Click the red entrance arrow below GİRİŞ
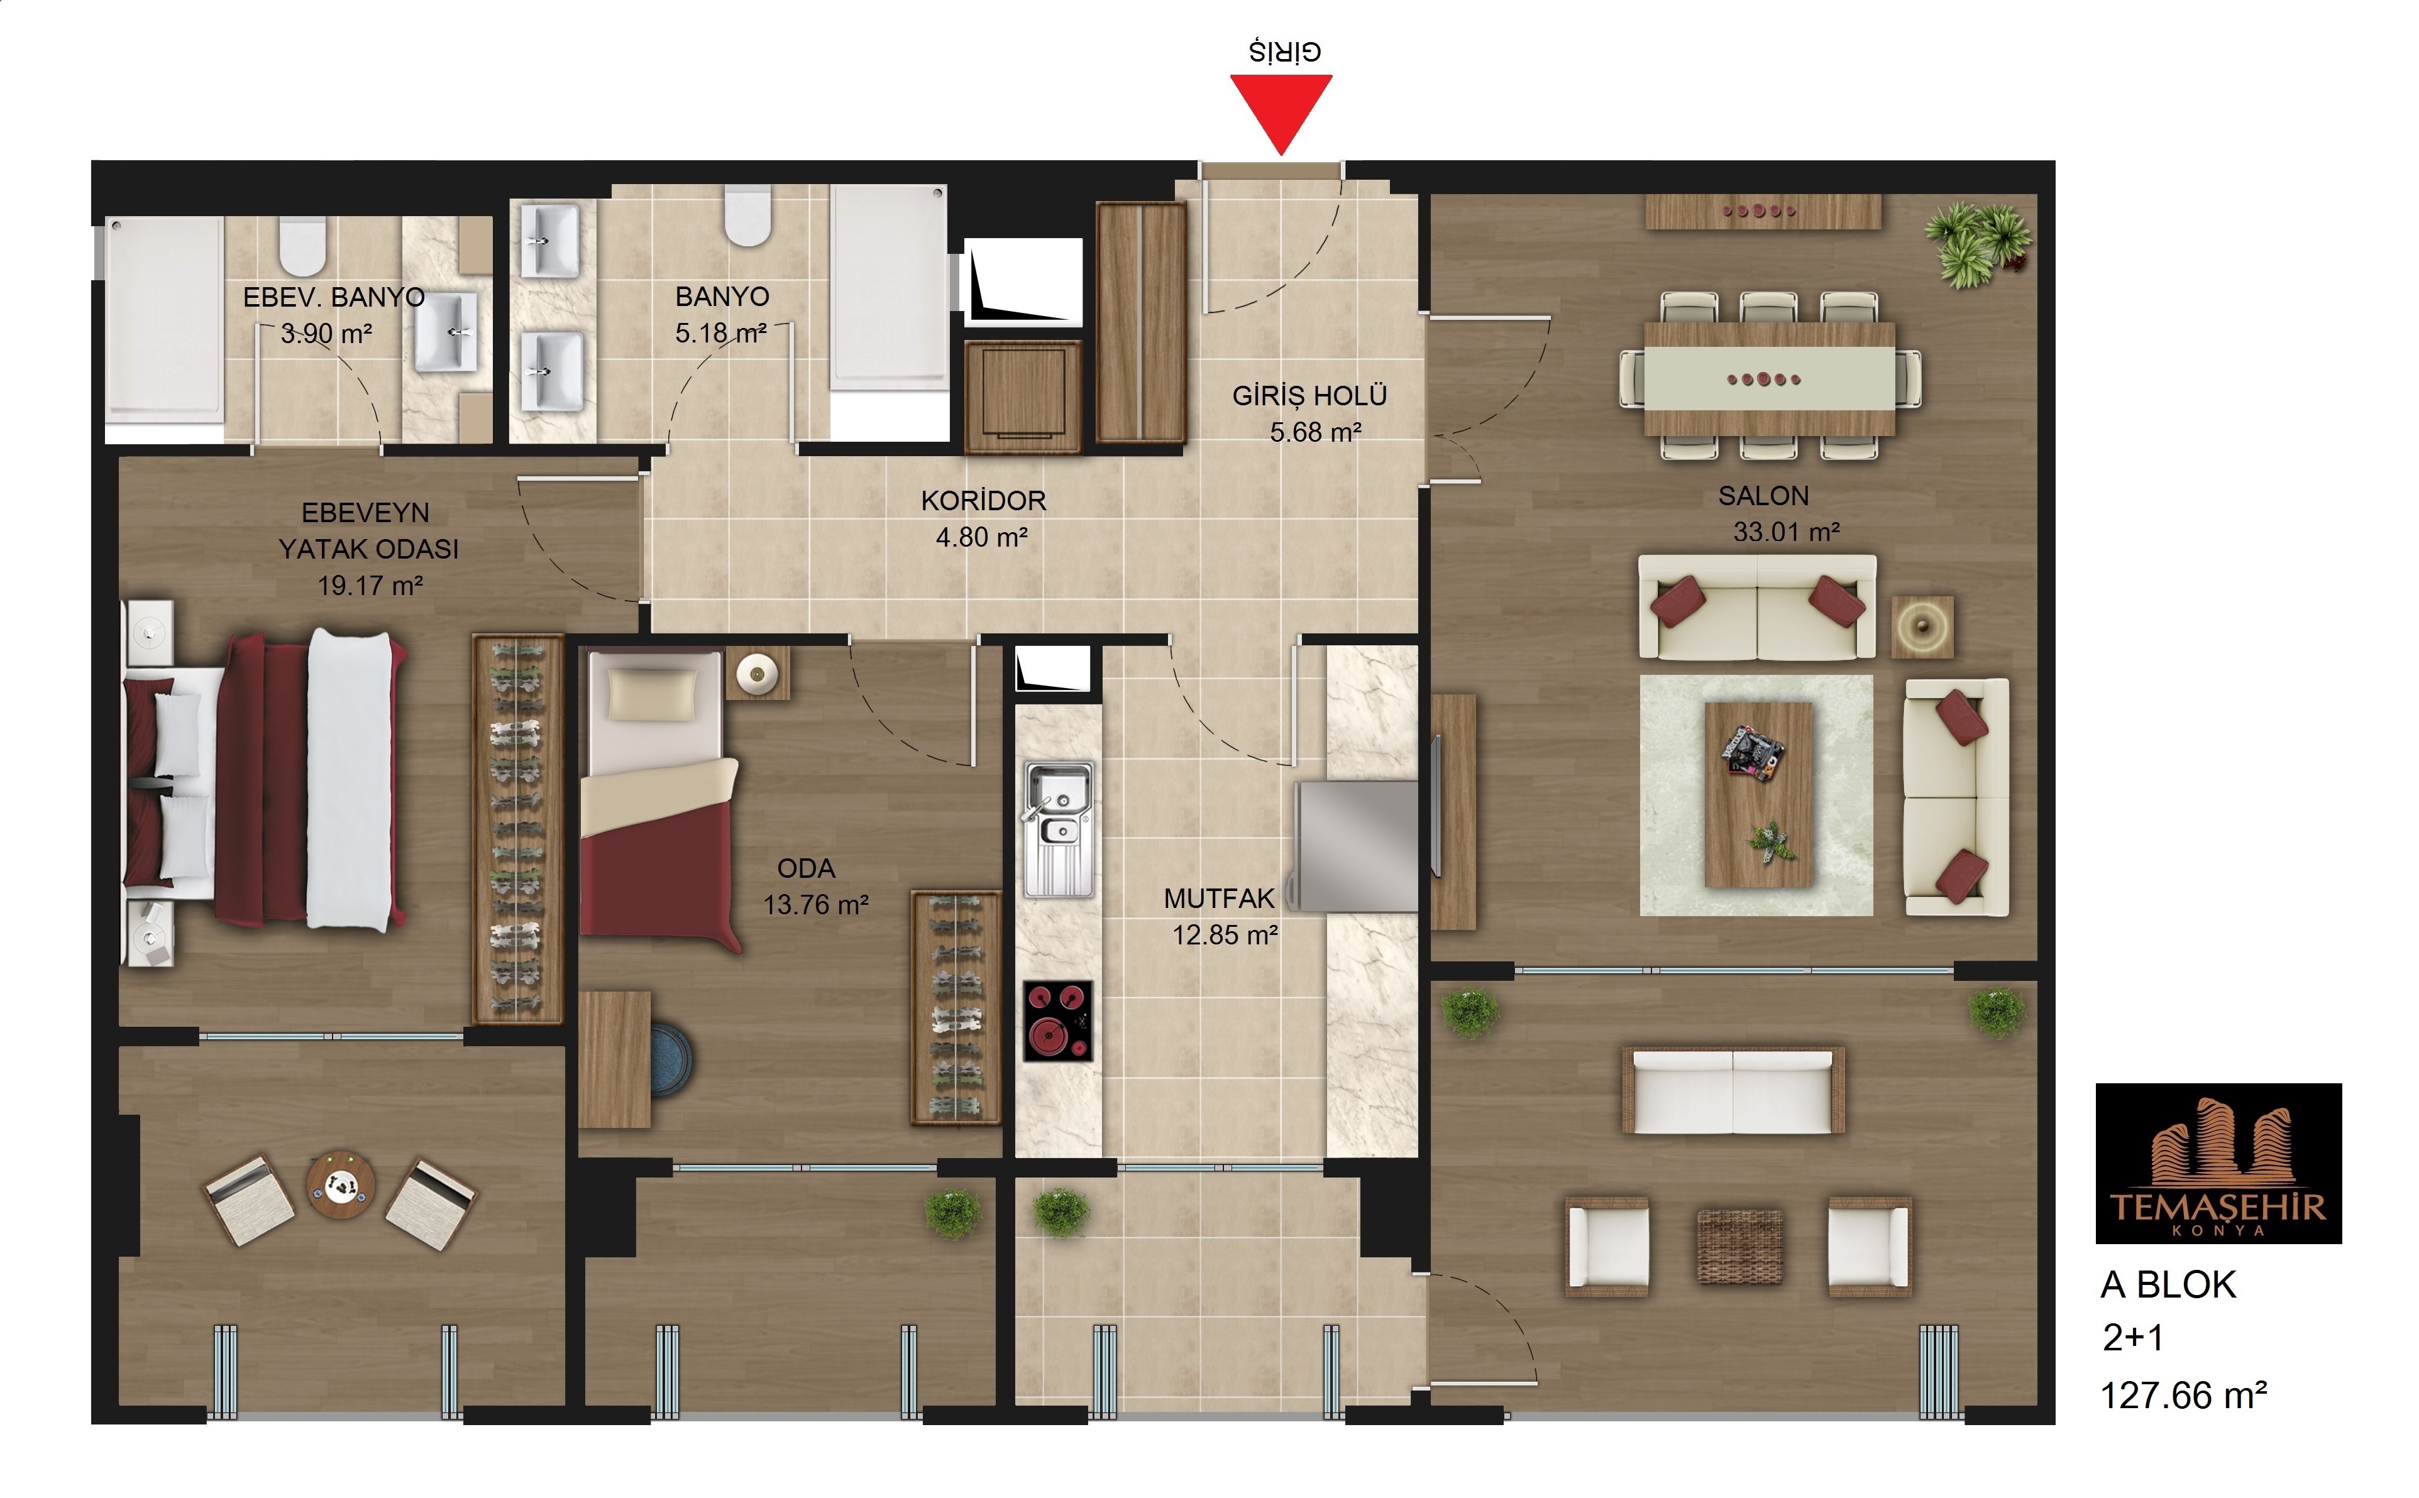(1281, 109)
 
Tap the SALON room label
(1763, 495)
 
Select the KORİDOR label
(983, 500)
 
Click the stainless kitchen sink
(1059, 829)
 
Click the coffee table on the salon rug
(1759, 795)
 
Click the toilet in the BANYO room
(748, 215)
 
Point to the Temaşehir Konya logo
(2218, 1163)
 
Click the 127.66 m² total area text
(2183, 1395)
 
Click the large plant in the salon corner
(1977, 243)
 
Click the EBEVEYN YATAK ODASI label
(368, 531)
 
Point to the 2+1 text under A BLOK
(2132, 1338)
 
